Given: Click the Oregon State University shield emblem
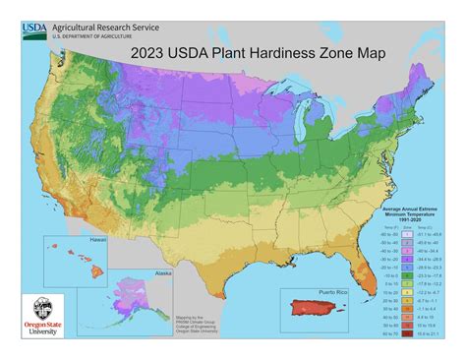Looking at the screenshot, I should click(36, 305).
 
